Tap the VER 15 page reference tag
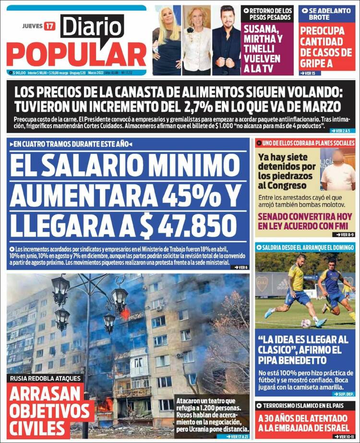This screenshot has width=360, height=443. [308, 73]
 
